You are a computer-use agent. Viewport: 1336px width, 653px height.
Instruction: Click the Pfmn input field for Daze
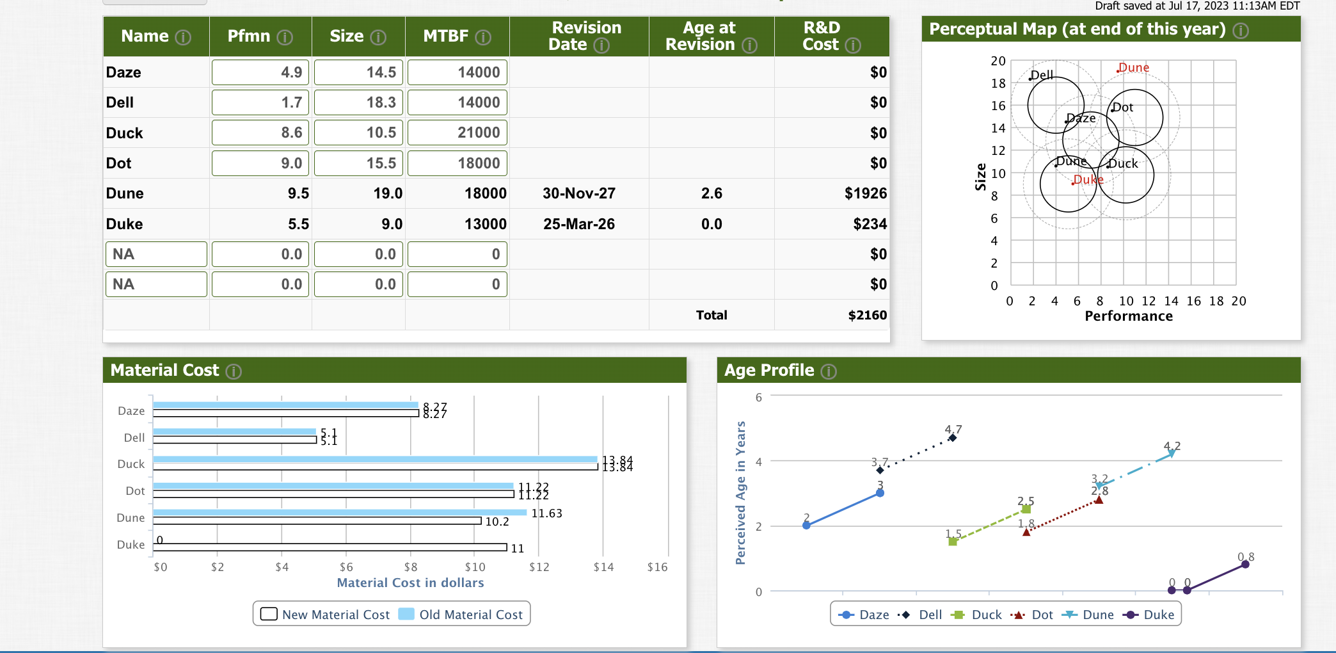(260, 72)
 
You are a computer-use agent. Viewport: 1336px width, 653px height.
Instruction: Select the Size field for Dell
(358, 102)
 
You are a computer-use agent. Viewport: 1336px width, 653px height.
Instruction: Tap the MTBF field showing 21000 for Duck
(457, 133)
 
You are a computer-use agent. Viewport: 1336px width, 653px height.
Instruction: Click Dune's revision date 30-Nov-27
(578, 193)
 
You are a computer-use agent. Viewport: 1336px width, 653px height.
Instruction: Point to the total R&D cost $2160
(867, 315)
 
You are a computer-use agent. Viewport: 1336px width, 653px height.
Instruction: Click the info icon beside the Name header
(184, 37)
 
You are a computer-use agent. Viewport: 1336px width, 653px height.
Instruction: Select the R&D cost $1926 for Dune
(865, 193)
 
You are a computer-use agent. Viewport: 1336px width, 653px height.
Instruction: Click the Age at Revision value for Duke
(712, 224)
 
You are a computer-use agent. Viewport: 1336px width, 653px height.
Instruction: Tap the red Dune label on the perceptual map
(1134, 67)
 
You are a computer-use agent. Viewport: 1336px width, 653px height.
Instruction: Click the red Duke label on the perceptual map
(1088, 180)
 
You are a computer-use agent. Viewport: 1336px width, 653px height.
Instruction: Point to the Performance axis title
(1129, 316)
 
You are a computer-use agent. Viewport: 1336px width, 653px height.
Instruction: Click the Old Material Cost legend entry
(461, 615)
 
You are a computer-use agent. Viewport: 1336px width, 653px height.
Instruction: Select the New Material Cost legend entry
(325, 615)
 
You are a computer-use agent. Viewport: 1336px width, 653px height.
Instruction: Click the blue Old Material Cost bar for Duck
(375, 459)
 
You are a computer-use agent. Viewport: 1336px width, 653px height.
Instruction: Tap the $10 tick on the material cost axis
(475, 567)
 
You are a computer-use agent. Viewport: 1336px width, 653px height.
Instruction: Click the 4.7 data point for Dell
(952, 438)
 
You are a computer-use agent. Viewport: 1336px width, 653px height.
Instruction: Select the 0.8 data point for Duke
(1245, 564)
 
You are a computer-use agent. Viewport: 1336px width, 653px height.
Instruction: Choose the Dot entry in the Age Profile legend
(1033, 615)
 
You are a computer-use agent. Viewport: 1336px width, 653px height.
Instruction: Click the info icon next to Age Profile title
(829, 371)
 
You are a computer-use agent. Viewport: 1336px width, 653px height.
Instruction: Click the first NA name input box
(156, 254)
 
